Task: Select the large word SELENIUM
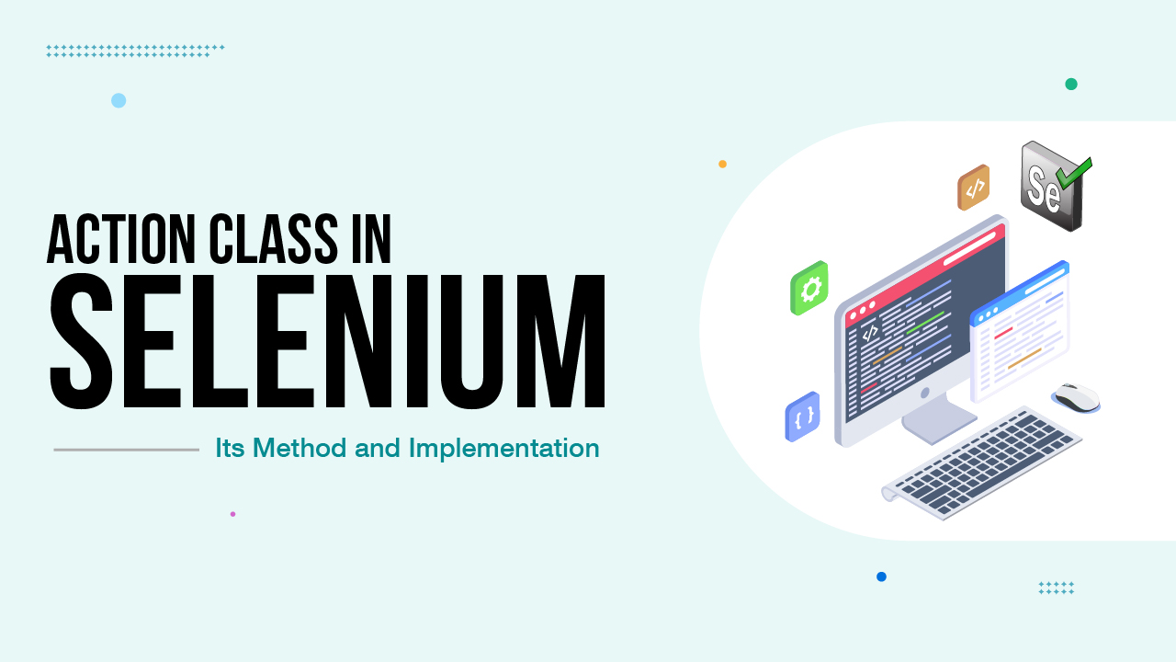coord(327,342)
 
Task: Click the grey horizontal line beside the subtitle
coord(127,450)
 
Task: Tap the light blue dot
coord(119,100)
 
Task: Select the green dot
coord(1071,84)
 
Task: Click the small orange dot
coord(722,164)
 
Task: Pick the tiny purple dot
coord(232,514)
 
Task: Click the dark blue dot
coord(881,576)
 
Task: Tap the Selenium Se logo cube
coord(1050,187)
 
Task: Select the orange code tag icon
coord(974,188)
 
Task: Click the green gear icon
coord(809,289)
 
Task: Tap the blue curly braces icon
coord(803,417)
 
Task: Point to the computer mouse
coord(1077,396)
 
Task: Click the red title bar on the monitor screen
coord(923,267)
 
